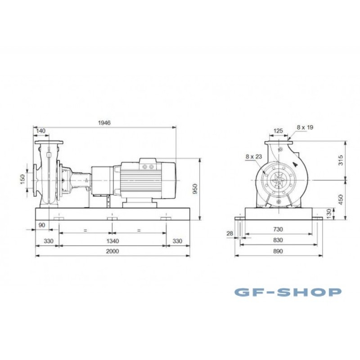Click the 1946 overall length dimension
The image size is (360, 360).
click(104, 122)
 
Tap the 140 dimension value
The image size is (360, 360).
click(41, 131)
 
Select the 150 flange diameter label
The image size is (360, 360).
click(22, 179)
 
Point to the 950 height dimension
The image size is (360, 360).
click(195, 189)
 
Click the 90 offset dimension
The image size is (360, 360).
click(42, 225)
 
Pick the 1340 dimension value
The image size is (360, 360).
click(112, 241)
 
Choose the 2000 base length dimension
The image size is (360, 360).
click(112, 251)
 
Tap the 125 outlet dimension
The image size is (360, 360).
click(278, 131)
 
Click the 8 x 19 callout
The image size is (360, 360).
click(305, 127)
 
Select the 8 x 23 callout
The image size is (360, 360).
click(254, 157)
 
